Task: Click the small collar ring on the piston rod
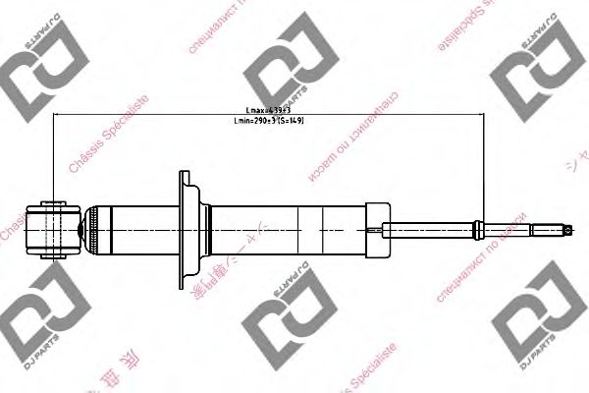point(477,230)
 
